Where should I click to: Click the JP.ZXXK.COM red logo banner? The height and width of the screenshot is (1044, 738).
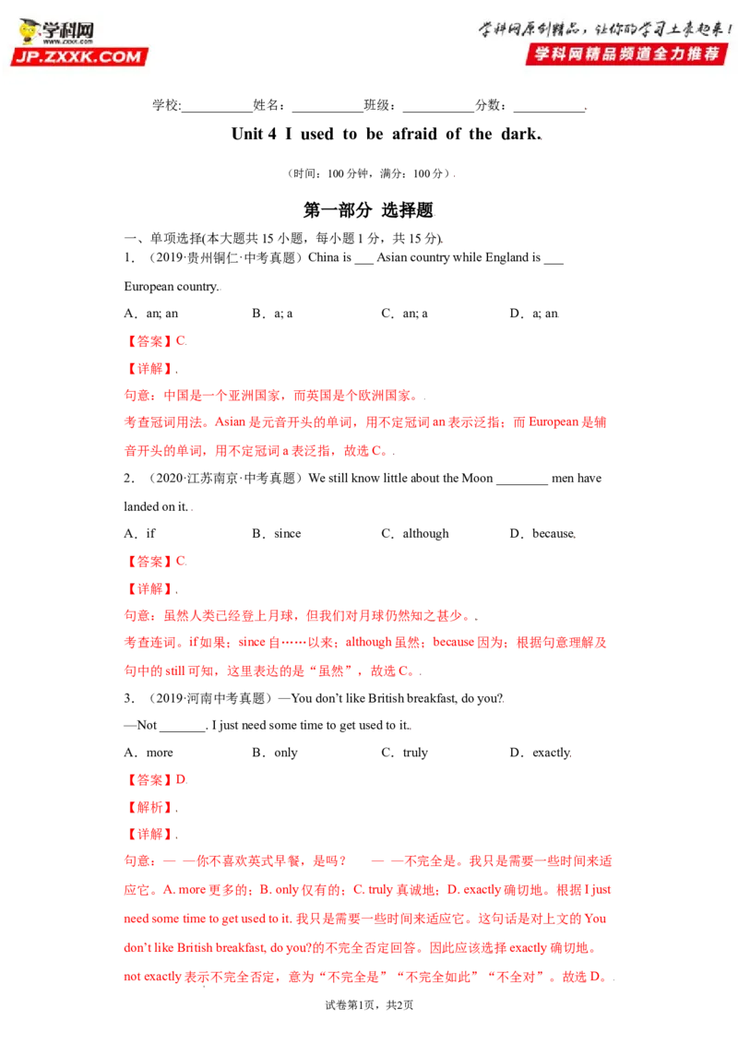(x=79, y=56)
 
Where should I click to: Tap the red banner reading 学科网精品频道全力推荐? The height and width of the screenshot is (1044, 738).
(x=626, y=53)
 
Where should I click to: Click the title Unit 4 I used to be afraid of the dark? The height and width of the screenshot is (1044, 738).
(x=387, y=134)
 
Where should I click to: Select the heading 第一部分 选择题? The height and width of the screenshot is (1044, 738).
(x=368, y=210)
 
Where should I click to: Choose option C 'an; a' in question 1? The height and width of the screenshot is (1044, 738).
(x=405, y=314)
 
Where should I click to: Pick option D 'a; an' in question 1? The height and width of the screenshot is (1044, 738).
(x=534, y=314)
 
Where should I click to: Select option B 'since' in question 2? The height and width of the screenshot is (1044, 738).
(x=277, y=533)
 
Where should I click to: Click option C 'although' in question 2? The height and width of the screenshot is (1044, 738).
(x=415, y=533)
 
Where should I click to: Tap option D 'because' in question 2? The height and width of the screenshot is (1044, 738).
(x=542, y=533)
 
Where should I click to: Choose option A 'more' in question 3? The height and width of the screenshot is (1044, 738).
(x=149, y=753)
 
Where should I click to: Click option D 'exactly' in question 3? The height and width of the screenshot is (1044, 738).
(x=541, y=753)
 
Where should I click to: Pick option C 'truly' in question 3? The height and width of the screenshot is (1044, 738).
(x=404, y=753)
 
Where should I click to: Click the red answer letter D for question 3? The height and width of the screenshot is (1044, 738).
(x=181, y=779)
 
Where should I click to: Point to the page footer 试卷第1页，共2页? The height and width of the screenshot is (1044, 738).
(x=369, y=1004)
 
